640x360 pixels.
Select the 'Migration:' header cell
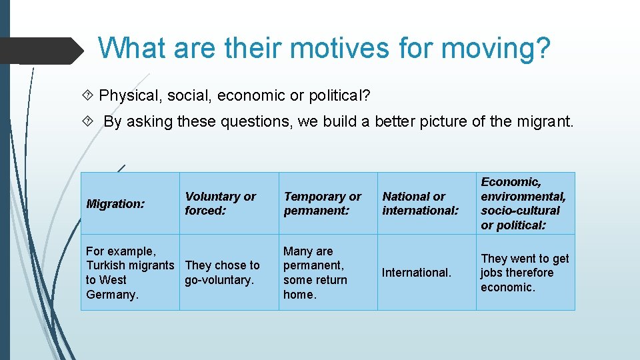point(115,204)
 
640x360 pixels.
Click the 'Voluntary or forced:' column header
point(220,203)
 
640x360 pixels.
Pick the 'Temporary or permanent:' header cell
point(322,203)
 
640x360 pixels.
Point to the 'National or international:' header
point(420,203)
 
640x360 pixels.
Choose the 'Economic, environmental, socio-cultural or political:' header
point(523,203)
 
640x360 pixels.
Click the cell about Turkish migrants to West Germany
point(129,273)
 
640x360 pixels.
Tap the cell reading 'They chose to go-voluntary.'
point(222,273)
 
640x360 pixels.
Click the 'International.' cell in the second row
point(417,273)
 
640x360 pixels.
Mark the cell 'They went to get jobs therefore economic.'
point(525,273)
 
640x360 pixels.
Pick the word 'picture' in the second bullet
point(445,121)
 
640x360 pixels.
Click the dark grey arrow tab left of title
point(40,50)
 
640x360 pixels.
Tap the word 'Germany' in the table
point(112,295)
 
